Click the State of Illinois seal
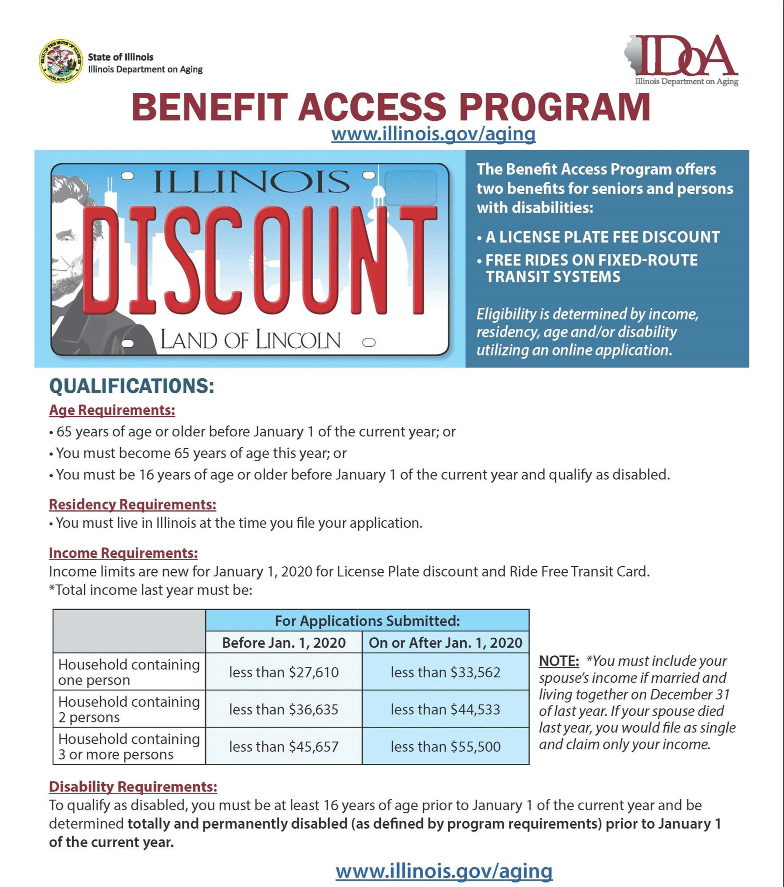(61, 61)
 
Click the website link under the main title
(433, 134)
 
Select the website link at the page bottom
(444, 871)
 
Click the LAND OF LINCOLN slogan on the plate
(250, 340)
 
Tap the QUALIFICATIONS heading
(132, 386)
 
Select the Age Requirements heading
(112, 410)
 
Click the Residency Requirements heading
(132, 504)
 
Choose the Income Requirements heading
(123, 553)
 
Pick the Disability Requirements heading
(133, 786)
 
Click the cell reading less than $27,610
(284, 672)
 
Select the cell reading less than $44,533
(445, 709)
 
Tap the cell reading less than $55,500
(445, 746)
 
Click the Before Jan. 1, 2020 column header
(284, 643)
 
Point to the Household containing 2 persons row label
(129, 709)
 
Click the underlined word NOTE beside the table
(558, 661)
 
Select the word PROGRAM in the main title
(555, 107)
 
